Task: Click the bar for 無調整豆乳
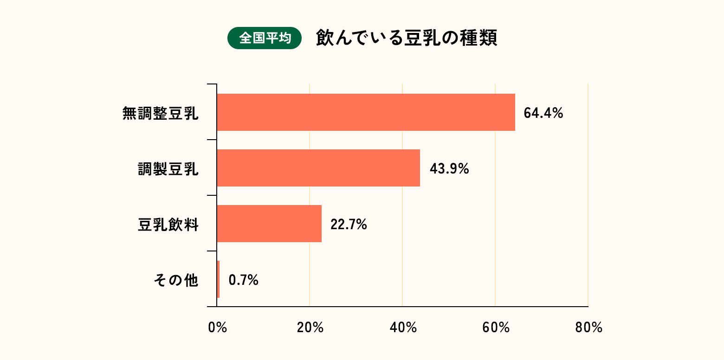366,112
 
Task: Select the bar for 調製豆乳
318,168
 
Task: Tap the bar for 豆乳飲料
269,224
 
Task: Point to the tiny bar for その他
218,279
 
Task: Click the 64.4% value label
543,113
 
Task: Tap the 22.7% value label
349,225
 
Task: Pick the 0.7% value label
243,280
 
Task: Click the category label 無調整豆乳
161,113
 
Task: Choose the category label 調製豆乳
168,169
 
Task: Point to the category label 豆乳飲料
168,225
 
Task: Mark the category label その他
175,281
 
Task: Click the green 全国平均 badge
265,38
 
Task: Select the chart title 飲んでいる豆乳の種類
407,38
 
